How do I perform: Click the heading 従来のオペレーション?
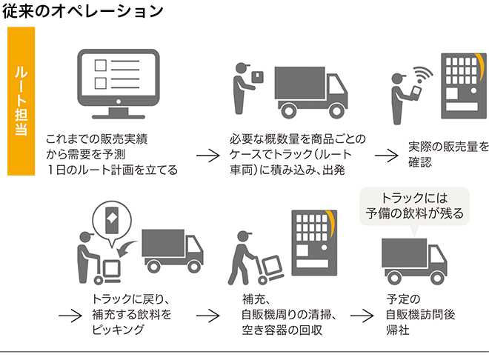[83, 11]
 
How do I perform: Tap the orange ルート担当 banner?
[21, 101]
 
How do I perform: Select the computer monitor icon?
[118, 84]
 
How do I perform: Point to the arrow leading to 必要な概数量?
[208, 156]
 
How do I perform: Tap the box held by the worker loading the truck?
[257, 76]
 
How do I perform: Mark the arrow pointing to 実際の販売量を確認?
[386, 156]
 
